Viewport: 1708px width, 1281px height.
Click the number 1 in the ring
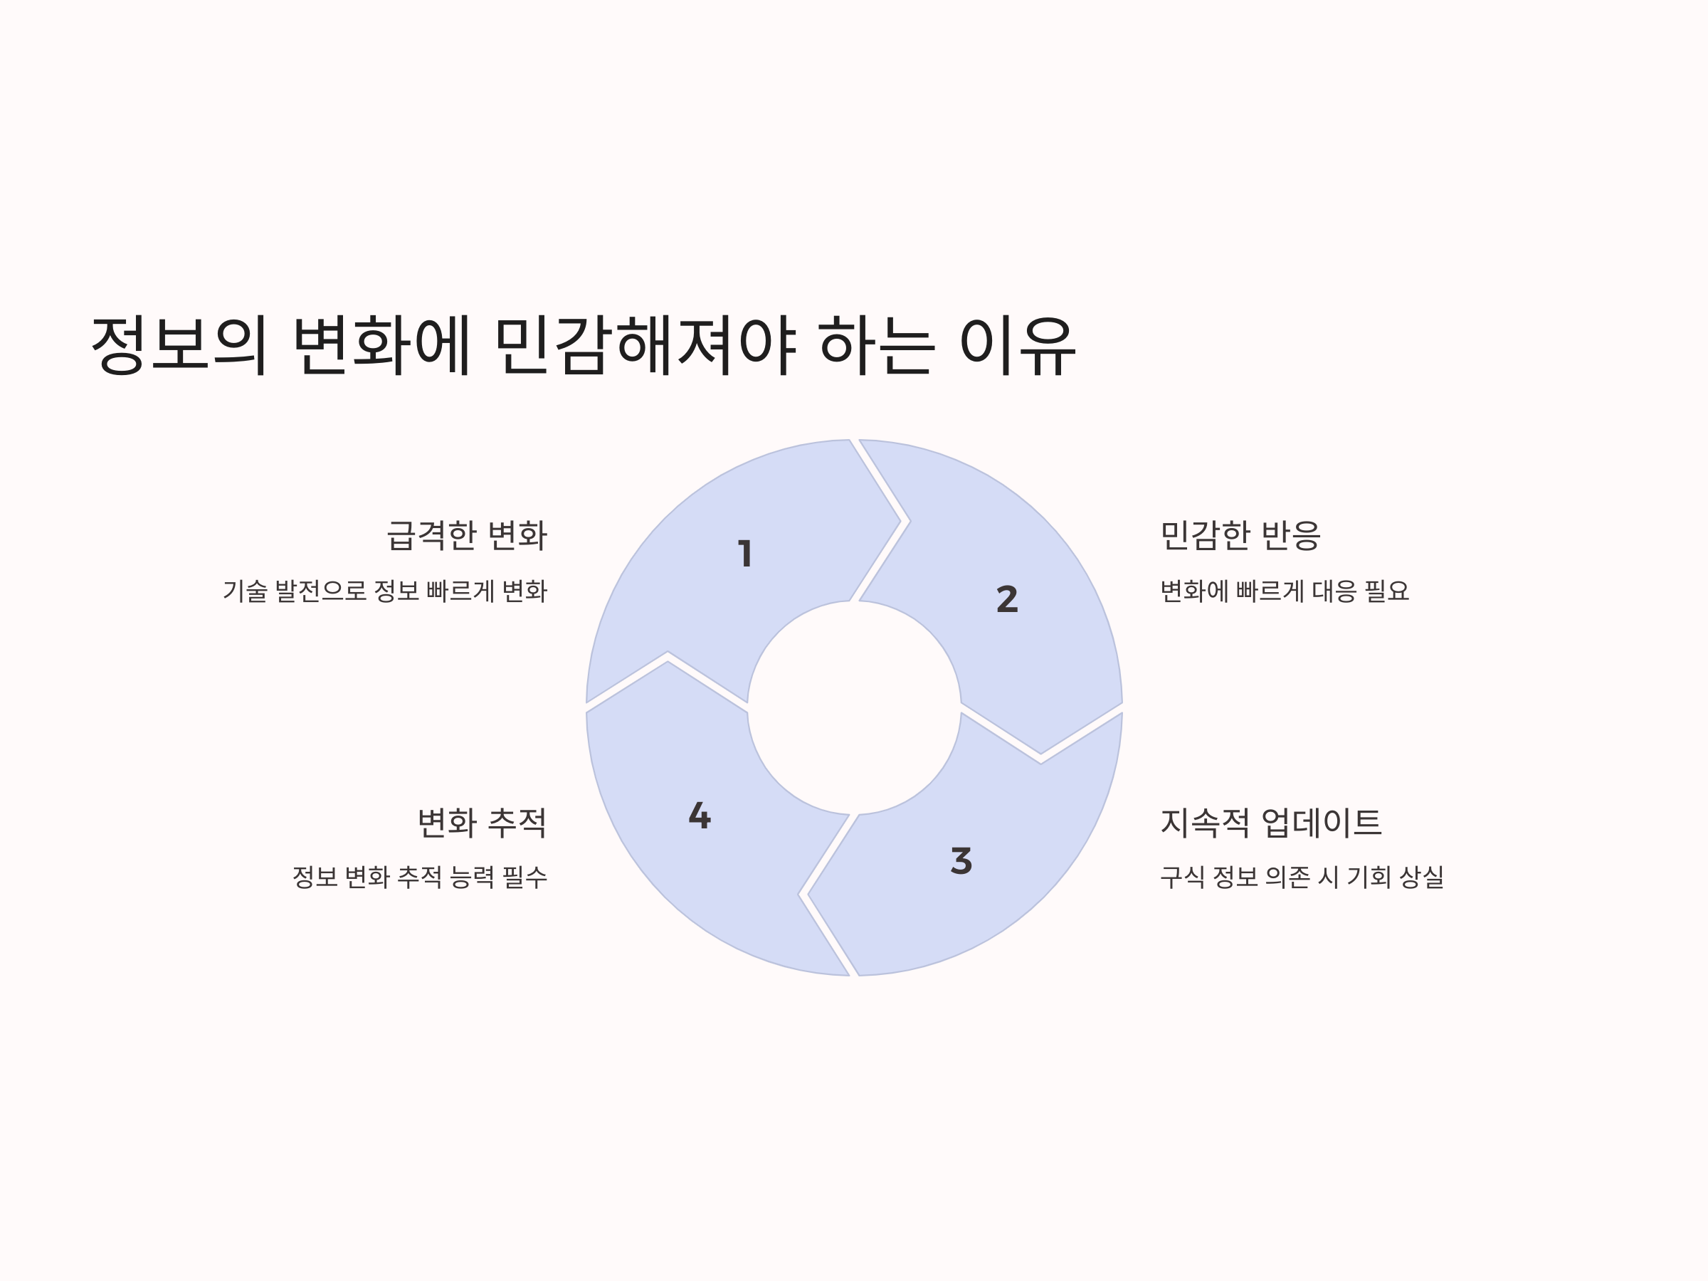coord(745,554)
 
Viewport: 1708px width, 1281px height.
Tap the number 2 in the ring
coord(1007,599)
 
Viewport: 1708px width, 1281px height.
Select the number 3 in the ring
coord(961,860)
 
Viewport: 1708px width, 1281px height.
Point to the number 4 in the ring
coord(700,816)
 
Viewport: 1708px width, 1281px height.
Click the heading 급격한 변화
coord(466,535)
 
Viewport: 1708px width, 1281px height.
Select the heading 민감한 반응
coord(1240,535)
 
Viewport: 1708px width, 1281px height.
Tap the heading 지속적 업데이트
coord(1270,823)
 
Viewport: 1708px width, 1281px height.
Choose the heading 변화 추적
coord(482,823)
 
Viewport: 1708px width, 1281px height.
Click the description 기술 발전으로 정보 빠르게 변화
coord(384,591)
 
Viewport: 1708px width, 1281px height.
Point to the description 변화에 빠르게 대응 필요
coord(1284,591)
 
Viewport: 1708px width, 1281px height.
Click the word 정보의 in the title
coord(179,345)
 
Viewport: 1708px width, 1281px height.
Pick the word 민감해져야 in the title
coord(645,345)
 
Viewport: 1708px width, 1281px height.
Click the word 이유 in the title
coord(1017,345)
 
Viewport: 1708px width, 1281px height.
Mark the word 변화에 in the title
coord(382,345)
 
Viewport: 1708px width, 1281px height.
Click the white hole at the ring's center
coord(854,707)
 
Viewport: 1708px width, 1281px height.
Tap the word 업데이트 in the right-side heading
coord(1321,823)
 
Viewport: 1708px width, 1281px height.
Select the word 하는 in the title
coord(876,345)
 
